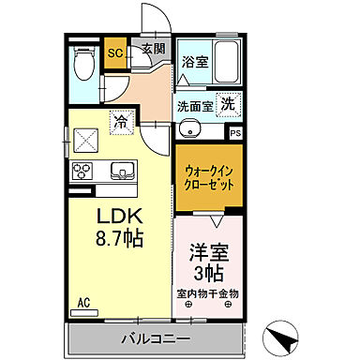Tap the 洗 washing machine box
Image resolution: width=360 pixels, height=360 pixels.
click(228, 105)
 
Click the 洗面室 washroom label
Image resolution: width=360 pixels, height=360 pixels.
click(194, 106)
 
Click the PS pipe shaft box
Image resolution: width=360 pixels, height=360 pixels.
click(235, 132)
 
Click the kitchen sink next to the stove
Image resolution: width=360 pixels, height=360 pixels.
click(121, 171)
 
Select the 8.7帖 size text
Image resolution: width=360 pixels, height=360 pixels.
click(118, 239)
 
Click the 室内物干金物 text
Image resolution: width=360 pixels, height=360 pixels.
click(208, 293)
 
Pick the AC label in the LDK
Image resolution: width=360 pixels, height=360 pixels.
click(83, 301)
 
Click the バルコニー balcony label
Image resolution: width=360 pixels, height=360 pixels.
click(156, 337)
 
